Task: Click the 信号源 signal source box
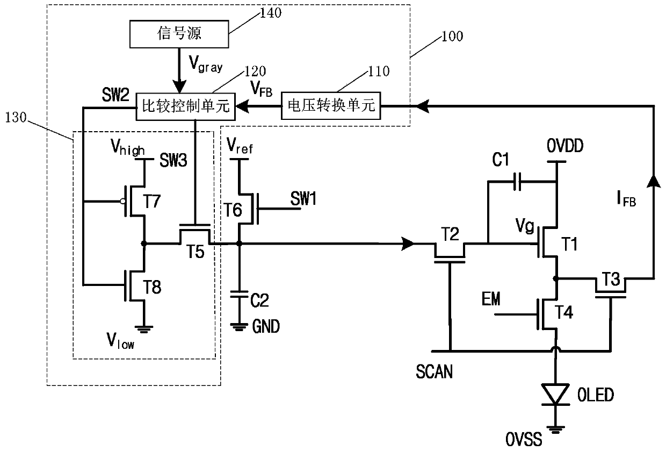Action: click(179, 34)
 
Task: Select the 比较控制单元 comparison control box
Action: click(185, 106)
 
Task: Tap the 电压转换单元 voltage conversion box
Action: click(331, 105)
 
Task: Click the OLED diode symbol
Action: click(555, 395)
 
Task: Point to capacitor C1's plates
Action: click(517, 181)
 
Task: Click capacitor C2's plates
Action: click(239, 294)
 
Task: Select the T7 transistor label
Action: click(152, 202)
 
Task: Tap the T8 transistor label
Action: click(152, 287)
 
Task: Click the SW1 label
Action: click(303, 198)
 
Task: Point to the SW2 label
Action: click(115, 95)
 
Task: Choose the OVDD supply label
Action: click(565, 146)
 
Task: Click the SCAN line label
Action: click(434, 371)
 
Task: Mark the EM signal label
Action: click(491, 299)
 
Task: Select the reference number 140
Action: click(271, 13)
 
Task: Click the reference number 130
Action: click(16, 118)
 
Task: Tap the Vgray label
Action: click(206, 64)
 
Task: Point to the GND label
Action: click(266, 326)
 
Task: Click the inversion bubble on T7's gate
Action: click(122, 202)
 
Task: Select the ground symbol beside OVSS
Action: click(555, 430)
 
